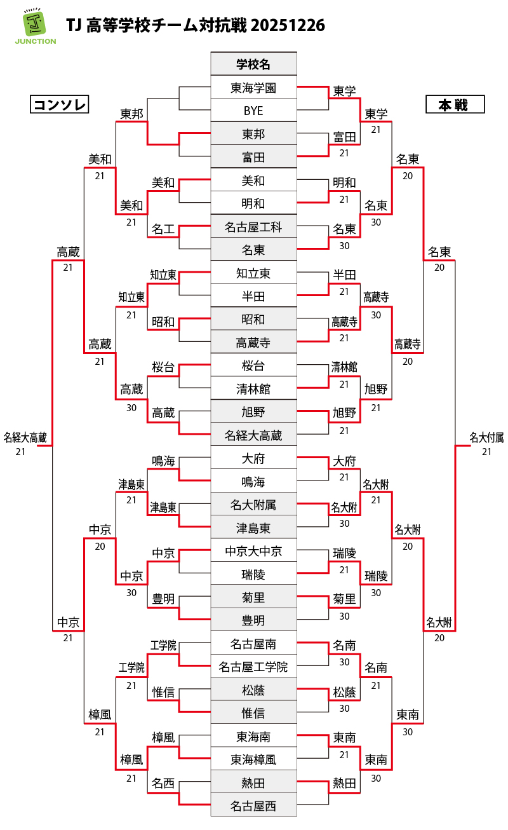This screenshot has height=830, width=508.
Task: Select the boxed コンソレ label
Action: point(59,105)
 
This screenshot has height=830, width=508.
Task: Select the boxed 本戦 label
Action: point(455,105)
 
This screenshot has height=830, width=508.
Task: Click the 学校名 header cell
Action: point(253,64)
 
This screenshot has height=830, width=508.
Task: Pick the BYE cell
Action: point(253,111)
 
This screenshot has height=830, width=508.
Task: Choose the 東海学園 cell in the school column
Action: point(253,88)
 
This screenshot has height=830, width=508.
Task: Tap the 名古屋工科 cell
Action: point(253,227)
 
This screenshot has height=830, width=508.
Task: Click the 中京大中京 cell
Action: point(253,551)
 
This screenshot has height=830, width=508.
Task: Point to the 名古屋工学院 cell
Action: point(253,667)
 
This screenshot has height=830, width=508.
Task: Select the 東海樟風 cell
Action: point(253,759)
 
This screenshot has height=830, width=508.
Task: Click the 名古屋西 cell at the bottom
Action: point(253,806)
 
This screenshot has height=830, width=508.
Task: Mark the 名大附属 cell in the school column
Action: point(253,505)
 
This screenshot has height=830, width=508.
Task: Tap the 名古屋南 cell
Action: point(253,644)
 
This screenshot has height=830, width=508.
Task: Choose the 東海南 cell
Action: point(253,737)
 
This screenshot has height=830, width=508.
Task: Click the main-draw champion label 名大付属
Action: point(486,437)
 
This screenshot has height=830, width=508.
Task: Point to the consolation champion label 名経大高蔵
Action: point(25,437)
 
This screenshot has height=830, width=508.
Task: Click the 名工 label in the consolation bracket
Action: point(163,229)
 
